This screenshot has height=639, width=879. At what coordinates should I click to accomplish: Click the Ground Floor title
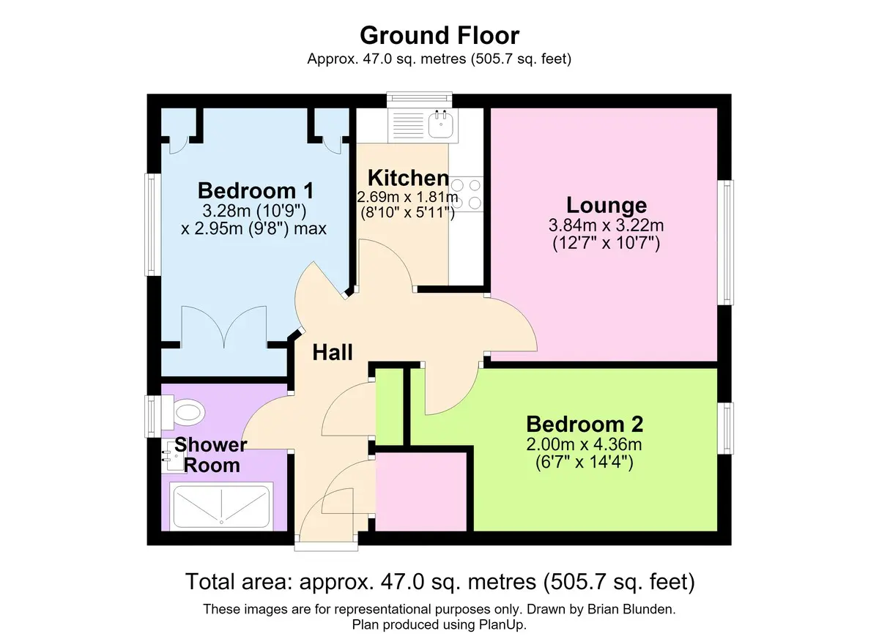439,35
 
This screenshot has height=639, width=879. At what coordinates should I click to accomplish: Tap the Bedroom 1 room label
256,191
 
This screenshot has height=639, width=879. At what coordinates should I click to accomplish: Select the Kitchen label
409,178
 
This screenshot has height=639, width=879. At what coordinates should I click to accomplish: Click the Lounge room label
607,205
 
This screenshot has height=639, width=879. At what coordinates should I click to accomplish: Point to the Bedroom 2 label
585,425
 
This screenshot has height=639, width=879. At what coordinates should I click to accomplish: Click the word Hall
333,352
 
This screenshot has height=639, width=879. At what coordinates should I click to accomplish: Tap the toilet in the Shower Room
184,411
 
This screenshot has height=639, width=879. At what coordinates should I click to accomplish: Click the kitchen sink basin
441,124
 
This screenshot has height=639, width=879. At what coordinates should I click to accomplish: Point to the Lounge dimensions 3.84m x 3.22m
607,225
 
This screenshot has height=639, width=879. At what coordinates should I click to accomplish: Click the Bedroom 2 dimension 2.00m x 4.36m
585,444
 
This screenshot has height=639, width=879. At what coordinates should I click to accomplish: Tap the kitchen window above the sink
420,100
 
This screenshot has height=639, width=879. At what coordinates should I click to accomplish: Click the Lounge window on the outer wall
726,242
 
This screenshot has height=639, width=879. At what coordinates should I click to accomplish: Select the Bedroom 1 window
153,225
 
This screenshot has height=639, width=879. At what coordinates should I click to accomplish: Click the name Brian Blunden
631,609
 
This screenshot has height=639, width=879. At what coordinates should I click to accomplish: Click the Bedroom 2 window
726,428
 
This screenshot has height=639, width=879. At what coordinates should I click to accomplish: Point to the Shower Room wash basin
173,456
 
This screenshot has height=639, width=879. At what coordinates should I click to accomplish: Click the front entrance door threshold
326,547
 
